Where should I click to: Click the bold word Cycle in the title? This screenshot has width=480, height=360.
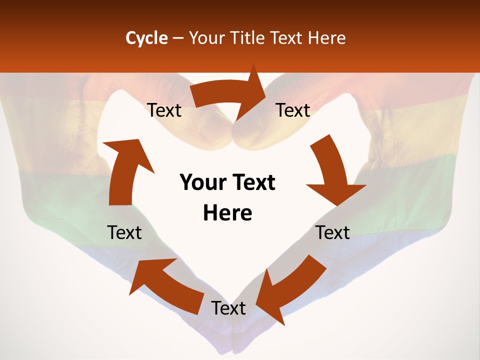(146, 38)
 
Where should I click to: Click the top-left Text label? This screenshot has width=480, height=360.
(164, 110)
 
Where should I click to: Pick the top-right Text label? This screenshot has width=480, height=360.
(293, 110)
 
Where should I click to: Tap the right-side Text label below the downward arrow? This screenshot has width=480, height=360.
(332, 232)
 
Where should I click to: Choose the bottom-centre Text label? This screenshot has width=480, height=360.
(228, 308)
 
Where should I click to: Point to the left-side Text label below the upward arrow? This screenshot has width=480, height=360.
(124, 232)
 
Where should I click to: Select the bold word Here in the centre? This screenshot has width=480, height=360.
(227, 213)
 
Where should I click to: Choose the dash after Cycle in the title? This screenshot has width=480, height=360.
(177, 38)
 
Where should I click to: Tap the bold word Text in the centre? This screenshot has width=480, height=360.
(253, 183)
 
